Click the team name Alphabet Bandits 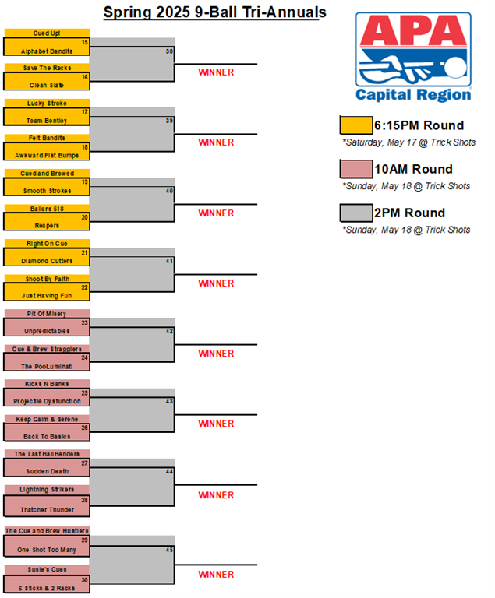(47, 51)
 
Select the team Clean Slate (47, 85)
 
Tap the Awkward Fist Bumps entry (47, 155)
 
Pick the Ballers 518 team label (47, 209)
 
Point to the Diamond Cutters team (47, 261)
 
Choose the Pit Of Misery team (47, 314)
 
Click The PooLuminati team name (47, 366)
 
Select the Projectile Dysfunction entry (47, 401)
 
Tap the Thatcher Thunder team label (47, 509)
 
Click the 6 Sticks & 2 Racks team (47, 588)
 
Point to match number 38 (169, 51)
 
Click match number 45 (169, 550)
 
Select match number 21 (84, 252)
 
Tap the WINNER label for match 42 (216, 354)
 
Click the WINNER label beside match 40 (216, 213)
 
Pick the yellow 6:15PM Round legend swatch (356, 125)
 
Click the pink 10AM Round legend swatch (356, 169)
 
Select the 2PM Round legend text (409, 213)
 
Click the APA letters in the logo (413, 31)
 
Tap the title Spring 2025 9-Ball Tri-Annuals (214, 12)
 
